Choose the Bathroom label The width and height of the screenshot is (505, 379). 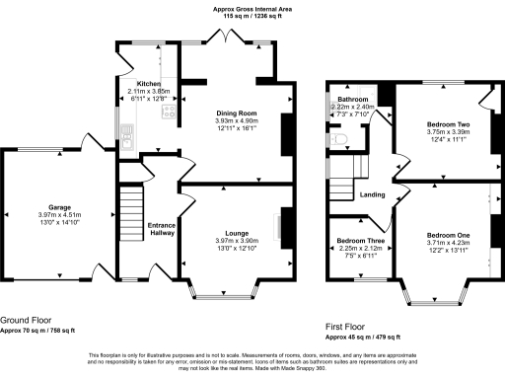point(352,100)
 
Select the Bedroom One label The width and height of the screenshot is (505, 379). point(448,235)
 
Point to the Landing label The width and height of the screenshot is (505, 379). point(372,194)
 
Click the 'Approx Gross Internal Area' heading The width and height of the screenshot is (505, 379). point(252,9)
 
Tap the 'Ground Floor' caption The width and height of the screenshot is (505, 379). point(26,321)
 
